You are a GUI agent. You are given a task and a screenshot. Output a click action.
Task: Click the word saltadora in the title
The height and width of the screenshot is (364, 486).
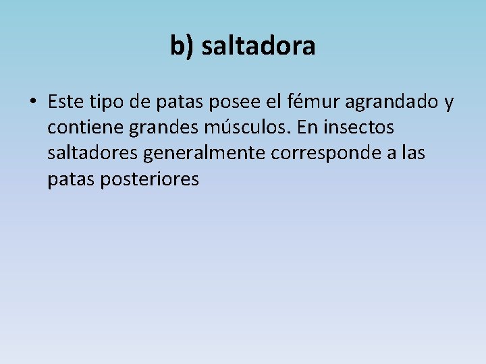click(x=259, y=47)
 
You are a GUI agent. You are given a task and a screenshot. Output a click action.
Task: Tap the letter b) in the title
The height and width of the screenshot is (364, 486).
click(x=182, y=47)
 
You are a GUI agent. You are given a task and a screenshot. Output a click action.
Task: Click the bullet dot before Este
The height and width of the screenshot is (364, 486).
click(x=32, y=102)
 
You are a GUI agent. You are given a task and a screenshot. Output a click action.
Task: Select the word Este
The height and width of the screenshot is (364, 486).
click(x=65, y=102)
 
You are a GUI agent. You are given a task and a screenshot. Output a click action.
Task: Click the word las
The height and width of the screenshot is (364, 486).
click(x=413, y=153)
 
